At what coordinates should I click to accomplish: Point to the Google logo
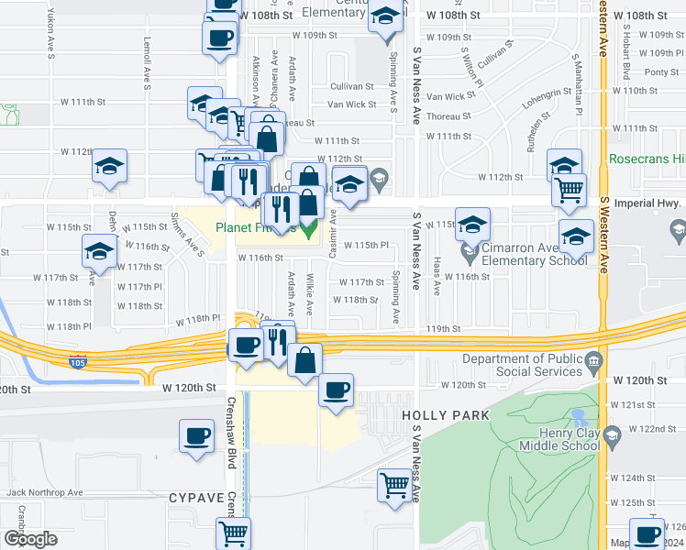click(30, 539)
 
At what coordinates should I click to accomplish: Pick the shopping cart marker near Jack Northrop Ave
click(395, 483)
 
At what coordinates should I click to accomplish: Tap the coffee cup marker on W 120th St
click(336, 390)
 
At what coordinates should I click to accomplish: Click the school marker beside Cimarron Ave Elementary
click(472, 224)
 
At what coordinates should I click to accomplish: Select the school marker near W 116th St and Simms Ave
click(100, 250)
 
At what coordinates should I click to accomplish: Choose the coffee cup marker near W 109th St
click(219, 38)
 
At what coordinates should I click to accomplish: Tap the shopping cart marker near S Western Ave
click(569, 190)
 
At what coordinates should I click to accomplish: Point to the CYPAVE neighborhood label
click(196, 497)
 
